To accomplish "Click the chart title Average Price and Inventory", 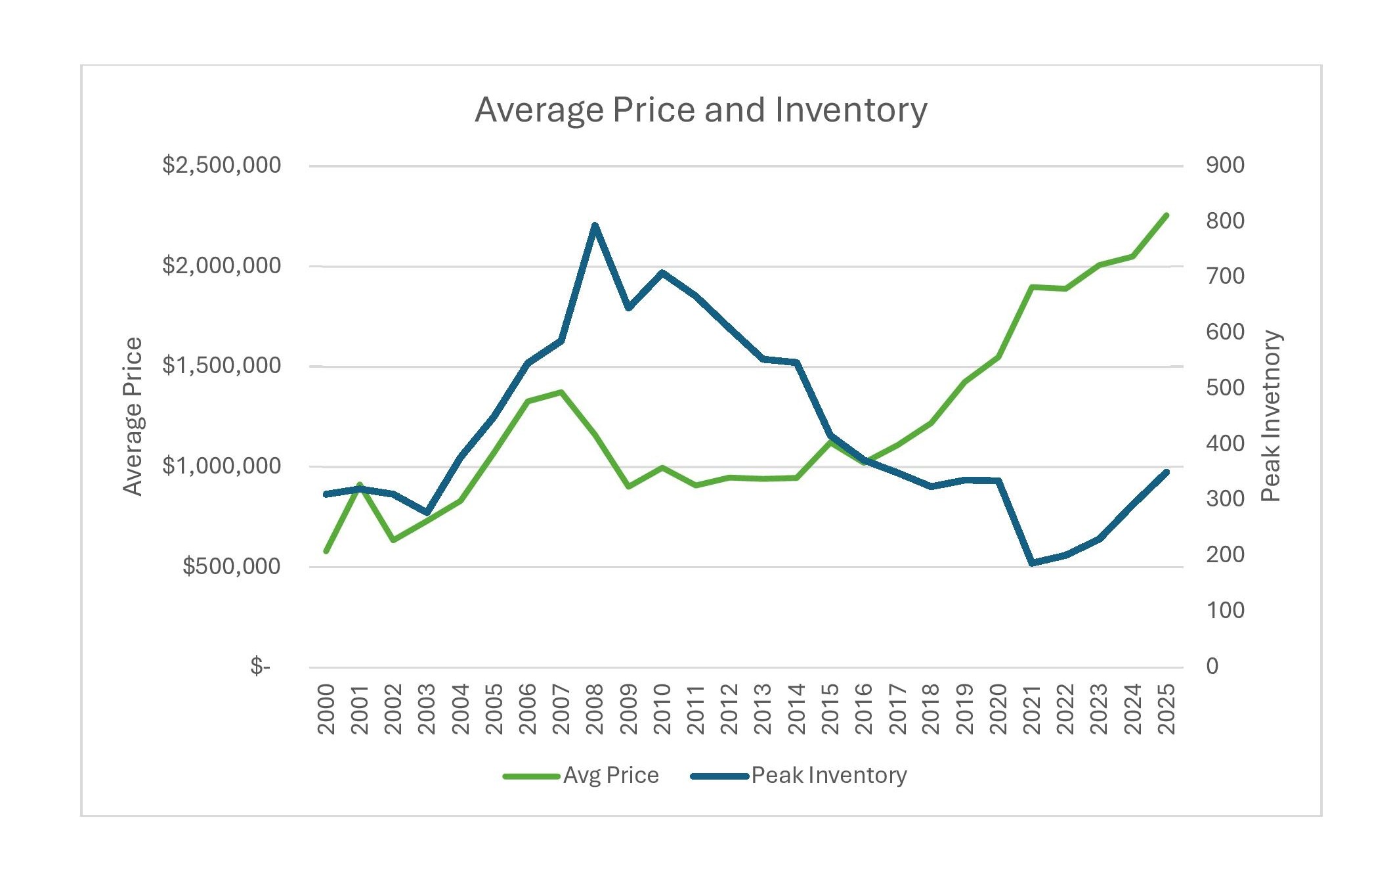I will [x=700, y=110].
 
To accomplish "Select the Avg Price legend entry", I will [x=610, y=776].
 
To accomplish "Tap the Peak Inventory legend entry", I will [x=828, y=776].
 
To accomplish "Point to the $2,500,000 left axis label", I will [x=221, y=165].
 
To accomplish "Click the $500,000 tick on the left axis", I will [x=231, y=566].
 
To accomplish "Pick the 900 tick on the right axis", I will [x=1225, y=165].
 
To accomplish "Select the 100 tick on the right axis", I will [x=1225, y=610].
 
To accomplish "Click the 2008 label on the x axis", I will [x=595, y=709].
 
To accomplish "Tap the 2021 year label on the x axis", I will [x=1031, y=709].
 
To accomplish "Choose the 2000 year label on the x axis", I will [x=326, y=709].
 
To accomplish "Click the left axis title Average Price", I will [x=133, y=416].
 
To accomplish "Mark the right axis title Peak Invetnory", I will [x=1271, y=416].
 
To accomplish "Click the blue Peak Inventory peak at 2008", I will [x=595, y=225].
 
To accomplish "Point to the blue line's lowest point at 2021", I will [x=1032, y=563].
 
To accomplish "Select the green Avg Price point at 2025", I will [x=1166, y=215].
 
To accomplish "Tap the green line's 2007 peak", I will [x=561, y=392].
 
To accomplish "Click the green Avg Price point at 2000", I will [x=326, y=551].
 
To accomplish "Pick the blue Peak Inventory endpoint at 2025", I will [x=1166, y=472].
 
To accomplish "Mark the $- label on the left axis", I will [x=260, y=667].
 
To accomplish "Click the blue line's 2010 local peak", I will [x=662, y=273].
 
